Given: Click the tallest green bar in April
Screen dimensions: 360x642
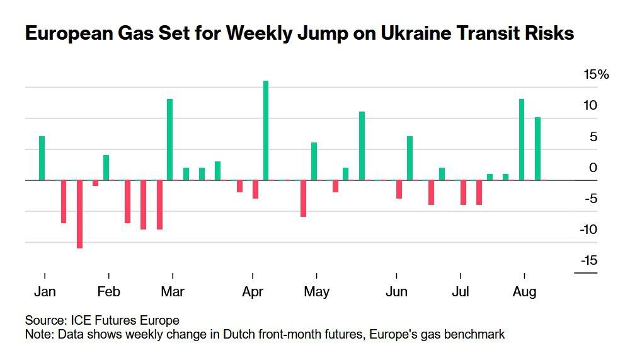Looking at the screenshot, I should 266,131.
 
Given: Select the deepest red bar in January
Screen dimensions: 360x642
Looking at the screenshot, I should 79,214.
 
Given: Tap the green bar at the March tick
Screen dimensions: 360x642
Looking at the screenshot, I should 170,139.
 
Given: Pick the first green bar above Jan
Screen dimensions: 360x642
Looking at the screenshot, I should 42,158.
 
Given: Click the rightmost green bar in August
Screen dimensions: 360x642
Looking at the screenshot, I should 537,149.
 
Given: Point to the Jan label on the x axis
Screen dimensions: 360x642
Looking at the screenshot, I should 45,292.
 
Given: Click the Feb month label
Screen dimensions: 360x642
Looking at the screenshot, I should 108,292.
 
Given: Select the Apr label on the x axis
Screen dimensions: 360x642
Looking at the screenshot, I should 253,292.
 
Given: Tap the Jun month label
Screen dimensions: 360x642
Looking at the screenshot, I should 396,292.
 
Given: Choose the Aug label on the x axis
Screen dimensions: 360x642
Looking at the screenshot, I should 524,292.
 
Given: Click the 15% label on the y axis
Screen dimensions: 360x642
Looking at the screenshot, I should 597,75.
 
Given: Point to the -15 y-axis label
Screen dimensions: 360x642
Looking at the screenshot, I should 589,260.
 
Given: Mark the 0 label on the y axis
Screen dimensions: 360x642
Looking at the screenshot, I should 593,168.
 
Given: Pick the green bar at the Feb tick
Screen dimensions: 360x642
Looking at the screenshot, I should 106,168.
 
